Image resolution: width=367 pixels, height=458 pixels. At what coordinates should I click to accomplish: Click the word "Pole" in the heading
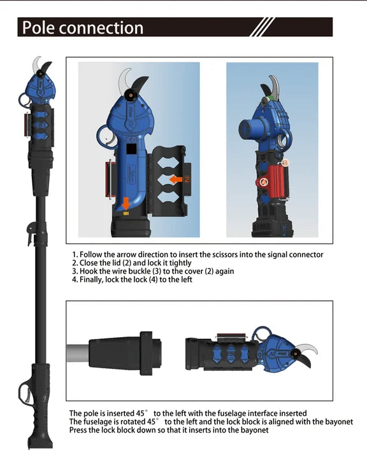tap(38, 27)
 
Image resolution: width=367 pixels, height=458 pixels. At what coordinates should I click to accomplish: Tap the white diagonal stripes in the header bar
tap(263, 27)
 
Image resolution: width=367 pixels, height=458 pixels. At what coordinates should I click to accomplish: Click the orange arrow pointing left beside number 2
tap(176, 179)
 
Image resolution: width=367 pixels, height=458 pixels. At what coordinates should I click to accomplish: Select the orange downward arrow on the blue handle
tap(126, 204)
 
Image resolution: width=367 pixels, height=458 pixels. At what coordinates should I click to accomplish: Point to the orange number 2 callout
tap(187, 179)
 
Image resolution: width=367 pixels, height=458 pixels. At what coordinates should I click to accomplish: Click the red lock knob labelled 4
tap(264, 182)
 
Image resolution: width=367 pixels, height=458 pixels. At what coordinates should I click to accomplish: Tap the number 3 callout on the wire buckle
tap(285, 162)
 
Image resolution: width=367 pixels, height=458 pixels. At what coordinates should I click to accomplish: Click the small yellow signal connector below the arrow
tap(126, 214)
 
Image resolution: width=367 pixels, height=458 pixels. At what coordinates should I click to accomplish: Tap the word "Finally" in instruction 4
tap(92, 280)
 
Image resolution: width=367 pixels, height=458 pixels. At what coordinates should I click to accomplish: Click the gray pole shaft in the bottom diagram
tap(78, 352)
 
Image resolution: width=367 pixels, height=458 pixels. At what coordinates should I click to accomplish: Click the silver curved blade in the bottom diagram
tap(306, 349)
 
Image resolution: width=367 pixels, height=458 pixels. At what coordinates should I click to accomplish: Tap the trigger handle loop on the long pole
tap(24, 393)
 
